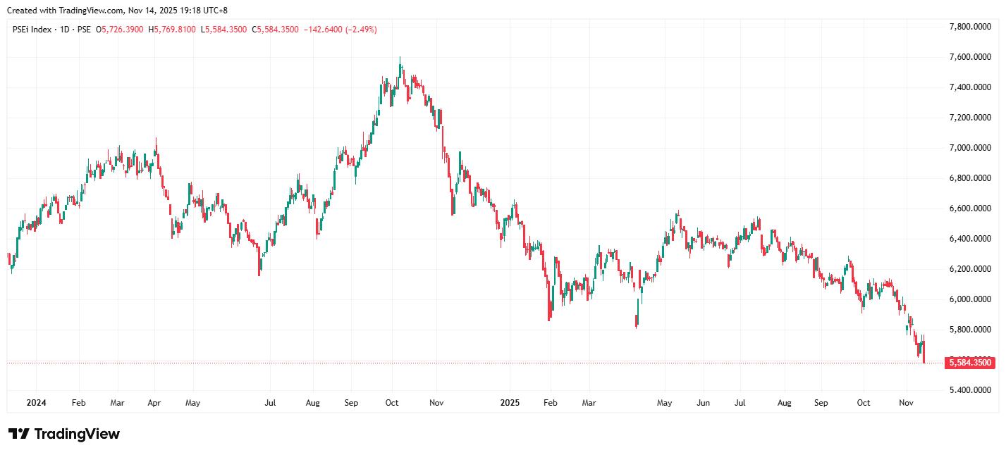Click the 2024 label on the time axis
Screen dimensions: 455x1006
[36, 404]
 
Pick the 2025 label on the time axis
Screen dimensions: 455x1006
[510, 404]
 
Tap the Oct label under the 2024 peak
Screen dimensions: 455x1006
[392, 404]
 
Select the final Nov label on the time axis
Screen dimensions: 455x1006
[907, 404]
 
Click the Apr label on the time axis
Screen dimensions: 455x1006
[154, 404]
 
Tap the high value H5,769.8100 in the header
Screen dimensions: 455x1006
[173, 30]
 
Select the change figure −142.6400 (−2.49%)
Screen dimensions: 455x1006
[340, 30]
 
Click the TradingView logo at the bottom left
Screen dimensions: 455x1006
[64, 434]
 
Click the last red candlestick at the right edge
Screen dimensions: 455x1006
[924, 352]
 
